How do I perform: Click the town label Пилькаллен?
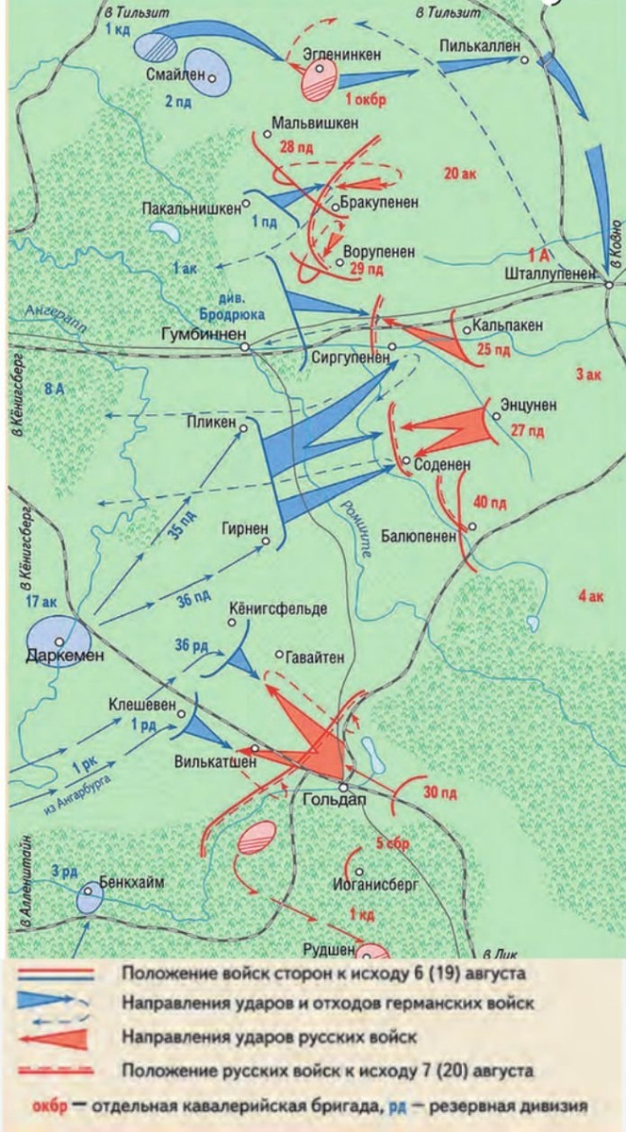[479, 46]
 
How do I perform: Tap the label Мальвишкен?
[314, 124]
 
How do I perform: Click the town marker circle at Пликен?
[243, 427]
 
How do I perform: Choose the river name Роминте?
[355, 537]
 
